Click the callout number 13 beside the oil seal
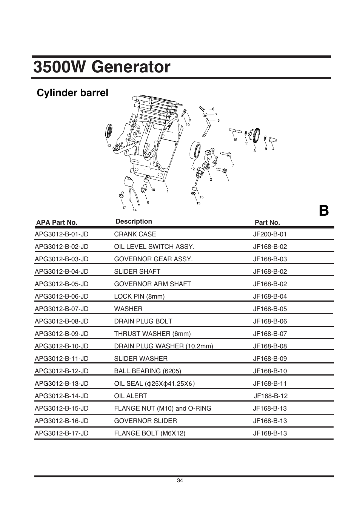tap(109, 146)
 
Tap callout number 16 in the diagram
tap(235, 140)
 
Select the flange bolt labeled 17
tap(121, 195)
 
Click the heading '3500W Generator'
tap(102, 67)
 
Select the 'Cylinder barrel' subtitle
tap(72, 93)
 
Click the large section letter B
tap(323, 211)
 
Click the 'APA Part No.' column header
tap(57, 222)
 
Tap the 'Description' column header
tap(134, 221)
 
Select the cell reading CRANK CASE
tap(135, 234)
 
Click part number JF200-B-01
tap(269, 234)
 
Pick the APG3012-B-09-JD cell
tap(62, 334)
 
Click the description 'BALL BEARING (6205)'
tap(147, 371)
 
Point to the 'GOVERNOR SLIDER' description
tap(145, 421)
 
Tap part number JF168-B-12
tap(270, 396)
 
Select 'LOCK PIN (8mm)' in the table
tap(139, 296)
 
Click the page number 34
tap(180, 480)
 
